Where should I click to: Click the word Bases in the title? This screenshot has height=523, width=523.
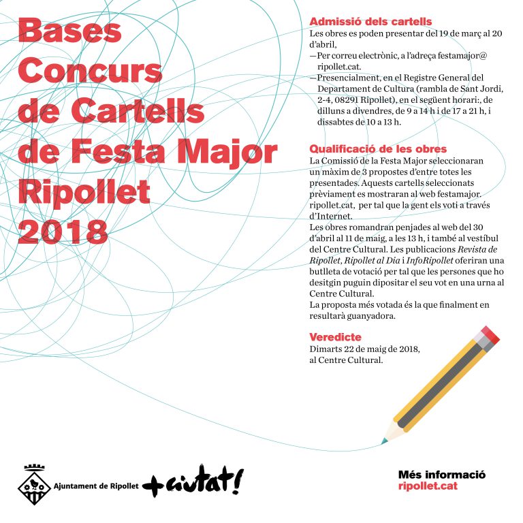(70, 31)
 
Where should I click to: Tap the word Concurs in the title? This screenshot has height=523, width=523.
(91, 71)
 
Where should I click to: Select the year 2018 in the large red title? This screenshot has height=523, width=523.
(63, 231)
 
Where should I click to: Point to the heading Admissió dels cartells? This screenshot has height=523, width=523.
(370, 22)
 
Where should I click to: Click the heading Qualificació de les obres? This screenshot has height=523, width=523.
(378, 148)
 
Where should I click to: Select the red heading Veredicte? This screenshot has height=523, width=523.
(335, 337)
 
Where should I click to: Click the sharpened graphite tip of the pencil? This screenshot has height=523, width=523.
(385, 441)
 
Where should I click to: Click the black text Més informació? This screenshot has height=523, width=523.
(441, 475)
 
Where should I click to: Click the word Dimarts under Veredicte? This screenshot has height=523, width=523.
(326, 349)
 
